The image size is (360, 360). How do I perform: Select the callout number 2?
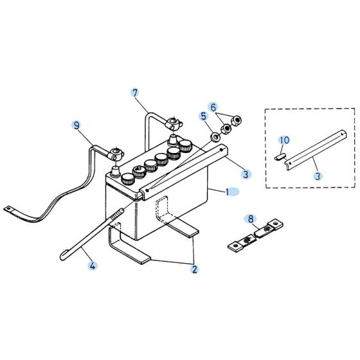194,269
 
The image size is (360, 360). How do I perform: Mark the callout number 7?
135,93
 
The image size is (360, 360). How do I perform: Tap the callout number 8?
251,219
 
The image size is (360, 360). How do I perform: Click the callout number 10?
284,139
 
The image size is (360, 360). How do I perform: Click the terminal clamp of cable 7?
172,121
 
